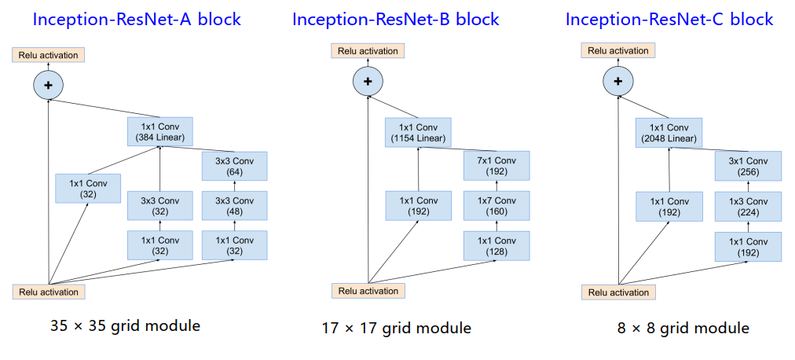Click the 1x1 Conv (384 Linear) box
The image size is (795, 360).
(159, 132)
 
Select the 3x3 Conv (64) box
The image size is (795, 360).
(235, 166)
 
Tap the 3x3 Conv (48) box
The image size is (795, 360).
(235, 205)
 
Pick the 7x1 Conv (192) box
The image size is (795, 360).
(496, 166)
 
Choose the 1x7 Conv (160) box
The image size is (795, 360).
(496, 206)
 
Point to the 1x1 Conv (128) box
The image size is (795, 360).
(496, 246)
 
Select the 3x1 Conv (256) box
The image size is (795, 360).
(748, 166)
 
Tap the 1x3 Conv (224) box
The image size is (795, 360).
(748, 206)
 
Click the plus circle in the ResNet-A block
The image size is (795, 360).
(48, 84)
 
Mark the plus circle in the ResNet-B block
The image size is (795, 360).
(368, 80)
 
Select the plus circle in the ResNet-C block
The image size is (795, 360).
(618, 80)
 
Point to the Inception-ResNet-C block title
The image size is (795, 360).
(669, 19)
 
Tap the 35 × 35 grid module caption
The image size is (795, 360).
(125, 325)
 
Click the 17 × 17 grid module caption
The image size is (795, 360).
(397, 328)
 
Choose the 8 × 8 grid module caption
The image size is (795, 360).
(683, 328)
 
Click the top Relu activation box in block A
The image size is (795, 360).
(48, 55)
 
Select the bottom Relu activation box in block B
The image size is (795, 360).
(368, 291)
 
